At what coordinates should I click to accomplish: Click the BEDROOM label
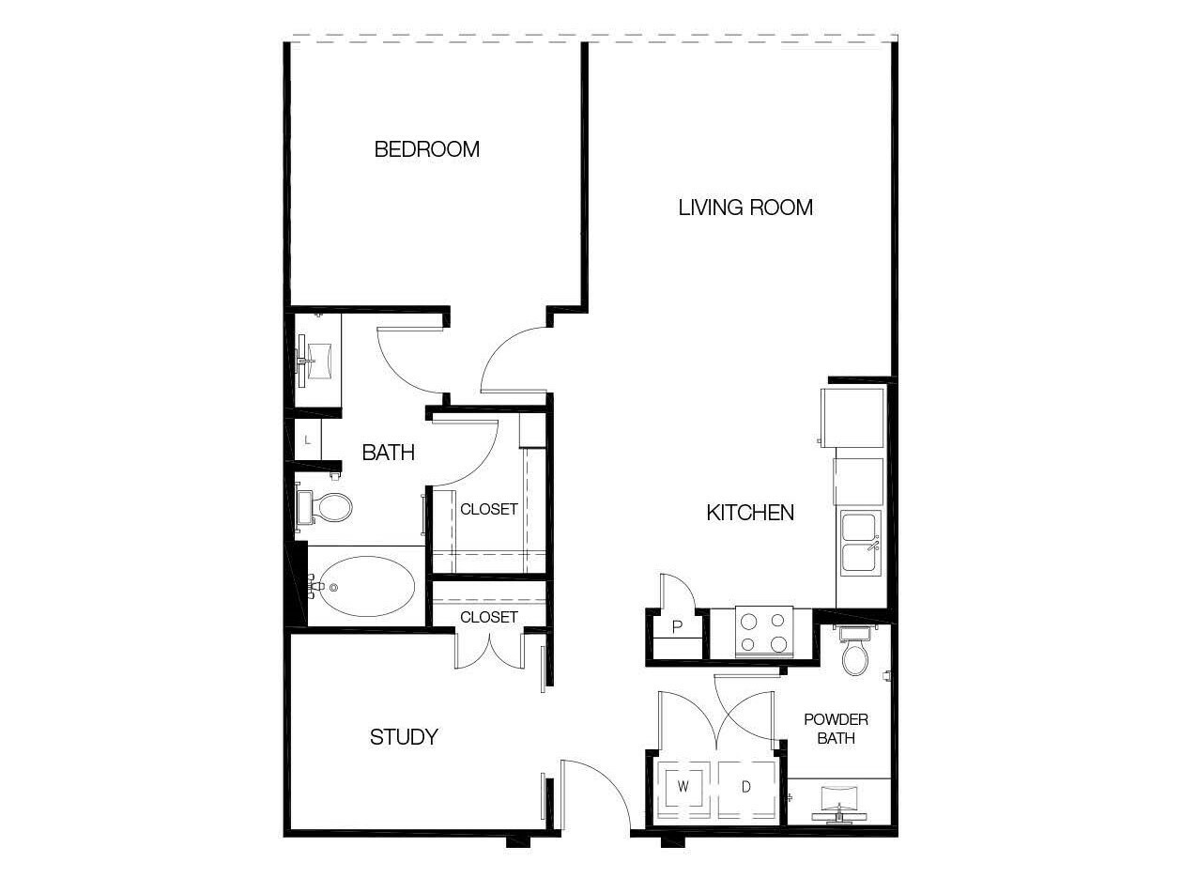[x=426, y=149]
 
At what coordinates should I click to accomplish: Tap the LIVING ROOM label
[x=745, y=208]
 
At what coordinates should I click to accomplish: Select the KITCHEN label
[x=750, y=513]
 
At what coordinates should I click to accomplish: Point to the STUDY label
[x=404, y=737]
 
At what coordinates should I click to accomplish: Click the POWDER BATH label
[x=836, y=729]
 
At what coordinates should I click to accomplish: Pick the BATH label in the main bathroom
[x=389, y=453]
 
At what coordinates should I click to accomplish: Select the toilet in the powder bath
[x=854, y=651]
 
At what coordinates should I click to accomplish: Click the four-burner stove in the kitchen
[x=764, y=632]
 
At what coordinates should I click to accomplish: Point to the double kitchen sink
[x=861, y=544]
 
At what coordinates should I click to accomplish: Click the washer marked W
[x=683, y=786]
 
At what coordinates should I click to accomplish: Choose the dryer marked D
[x=746, y=786]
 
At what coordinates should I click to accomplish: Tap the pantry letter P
[x=677, y=627]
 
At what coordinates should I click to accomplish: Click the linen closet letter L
[x=308, y=440]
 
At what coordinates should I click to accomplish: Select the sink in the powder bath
[x=838, y=804]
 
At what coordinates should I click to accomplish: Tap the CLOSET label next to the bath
[x=488, y=509]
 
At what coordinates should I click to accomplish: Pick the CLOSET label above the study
[x=488, y=617]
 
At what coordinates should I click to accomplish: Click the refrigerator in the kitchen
[x=852, y=418]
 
